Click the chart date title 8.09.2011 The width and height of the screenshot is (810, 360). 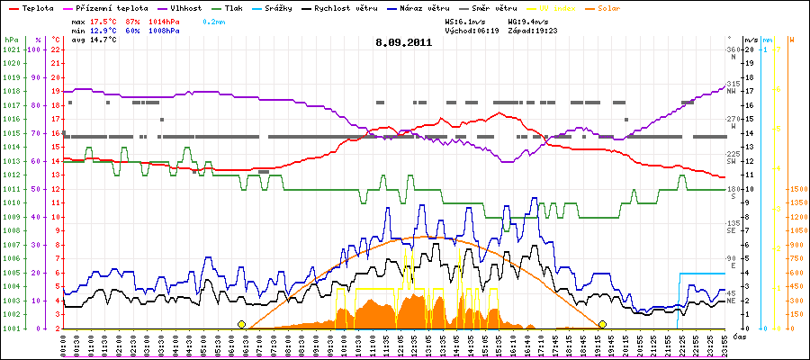pos(405,42)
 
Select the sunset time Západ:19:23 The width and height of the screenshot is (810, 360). pos(534,30)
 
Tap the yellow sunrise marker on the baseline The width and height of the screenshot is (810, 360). pos(241,324)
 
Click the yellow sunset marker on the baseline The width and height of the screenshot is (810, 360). pos(602,324)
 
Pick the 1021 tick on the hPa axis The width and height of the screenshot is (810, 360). pos(11,49)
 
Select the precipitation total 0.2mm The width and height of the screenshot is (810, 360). pos(213,19)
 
